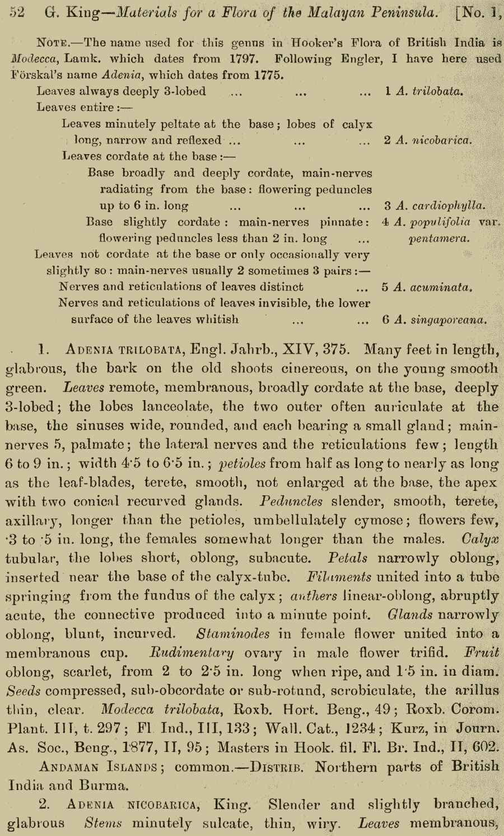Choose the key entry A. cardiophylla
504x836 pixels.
pyautogui.click(x=440, y=206)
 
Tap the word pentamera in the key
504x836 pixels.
pyautogui.click(x=439, y=238)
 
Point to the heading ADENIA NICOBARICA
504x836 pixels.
pyautogui.click(x=132, y=805)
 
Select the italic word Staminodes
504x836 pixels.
pyautogui.click(x=233, y=634)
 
